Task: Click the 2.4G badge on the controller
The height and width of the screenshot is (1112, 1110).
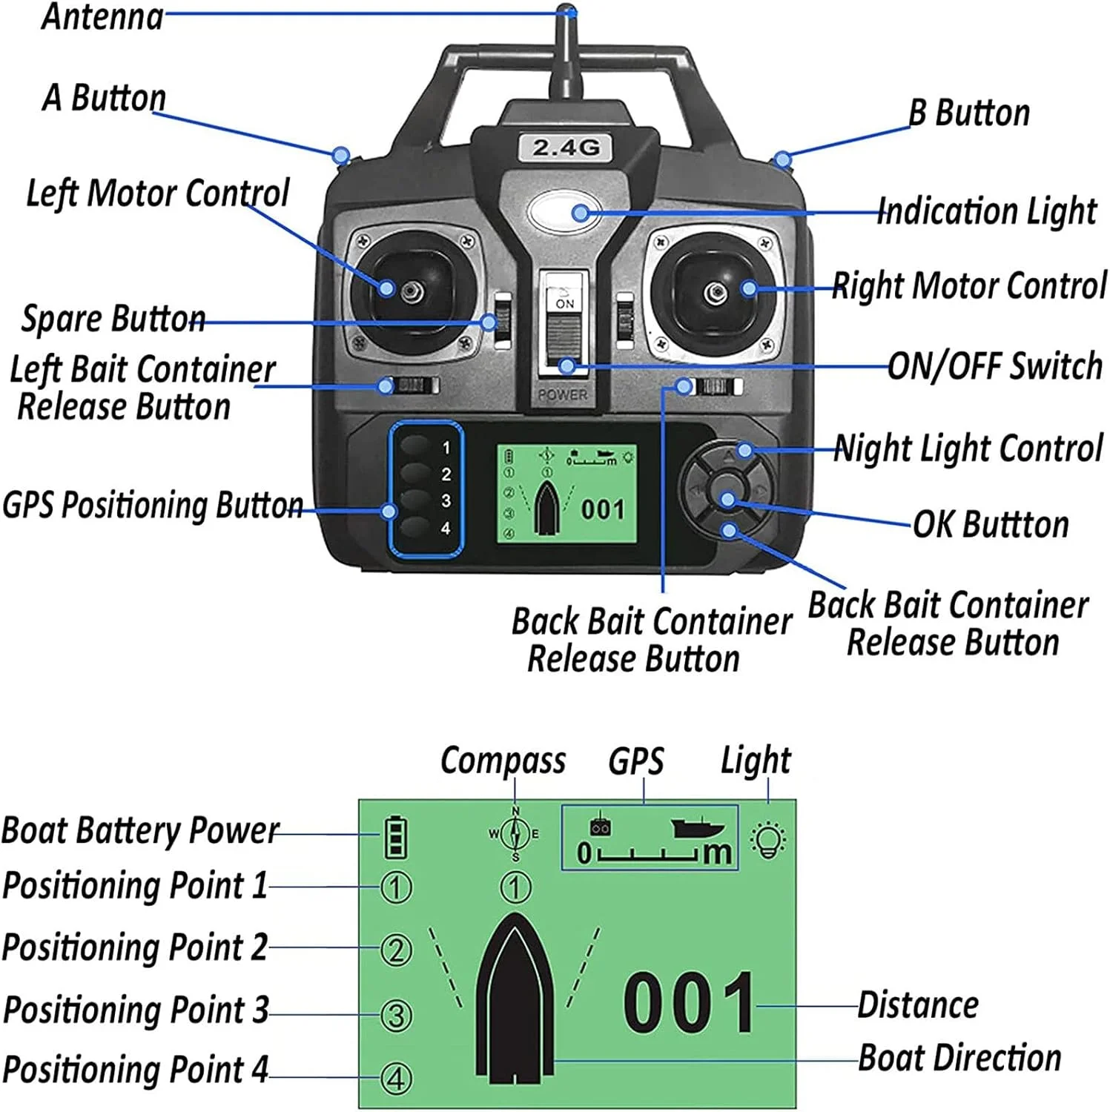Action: point(565,147)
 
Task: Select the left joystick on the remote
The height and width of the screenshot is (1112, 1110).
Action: point(412,291)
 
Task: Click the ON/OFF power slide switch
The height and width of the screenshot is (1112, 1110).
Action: point(565,326)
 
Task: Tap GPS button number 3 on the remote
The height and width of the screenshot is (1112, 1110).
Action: point(417,500)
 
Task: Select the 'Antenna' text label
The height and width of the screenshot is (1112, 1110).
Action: point(102,16)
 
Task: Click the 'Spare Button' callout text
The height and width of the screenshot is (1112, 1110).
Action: point(113,319)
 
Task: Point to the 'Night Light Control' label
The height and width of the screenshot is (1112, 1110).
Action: point(968,449)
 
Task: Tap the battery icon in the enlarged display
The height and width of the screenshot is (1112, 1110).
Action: point(396,836)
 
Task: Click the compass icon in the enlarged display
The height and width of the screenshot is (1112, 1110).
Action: point(515,834)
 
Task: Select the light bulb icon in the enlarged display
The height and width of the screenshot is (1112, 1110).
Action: point(768,840)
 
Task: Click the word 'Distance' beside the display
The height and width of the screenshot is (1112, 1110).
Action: point(918,1005)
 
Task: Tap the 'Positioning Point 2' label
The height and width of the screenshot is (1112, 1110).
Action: point(135,947)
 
